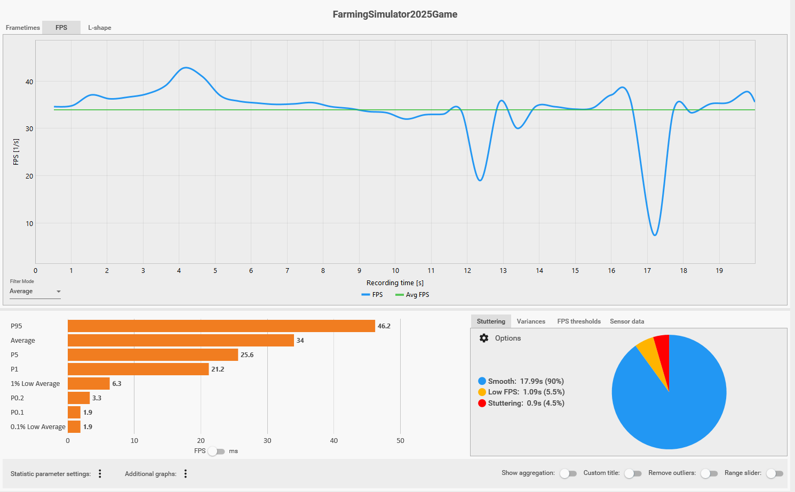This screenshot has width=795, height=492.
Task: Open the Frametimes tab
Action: point(22,28)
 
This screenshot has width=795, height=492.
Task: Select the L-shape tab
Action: point(100,28)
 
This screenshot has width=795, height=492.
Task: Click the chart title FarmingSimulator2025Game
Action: point(395,14)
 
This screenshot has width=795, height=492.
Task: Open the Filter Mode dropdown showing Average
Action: point(35,292)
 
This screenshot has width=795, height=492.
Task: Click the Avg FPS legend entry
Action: point(412,295)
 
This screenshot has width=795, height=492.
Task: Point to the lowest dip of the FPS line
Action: point(655,235)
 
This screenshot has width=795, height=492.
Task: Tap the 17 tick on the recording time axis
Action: point(647,271)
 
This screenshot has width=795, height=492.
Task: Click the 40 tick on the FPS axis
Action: point(29,82)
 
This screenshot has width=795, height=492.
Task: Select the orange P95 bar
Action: point(221,326)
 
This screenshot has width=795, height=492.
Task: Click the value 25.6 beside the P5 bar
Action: point(247,355)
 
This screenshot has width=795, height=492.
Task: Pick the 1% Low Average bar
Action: point(89,384)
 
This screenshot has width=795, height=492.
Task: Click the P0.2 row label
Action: point(17,398)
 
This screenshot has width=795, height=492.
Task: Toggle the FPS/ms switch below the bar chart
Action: point(217,451)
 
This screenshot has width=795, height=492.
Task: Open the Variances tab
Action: point(531,321)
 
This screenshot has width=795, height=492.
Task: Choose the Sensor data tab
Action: point(627,321)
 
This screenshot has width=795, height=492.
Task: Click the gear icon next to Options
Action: point(484,338)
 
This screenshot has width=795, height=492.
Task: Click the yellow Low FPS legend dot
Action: point(482,392)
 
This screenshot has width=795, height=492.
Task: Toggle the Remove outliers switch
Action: point(709,473)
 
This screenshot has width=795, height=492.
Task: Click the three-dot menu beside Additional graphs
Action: point(186,474)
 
